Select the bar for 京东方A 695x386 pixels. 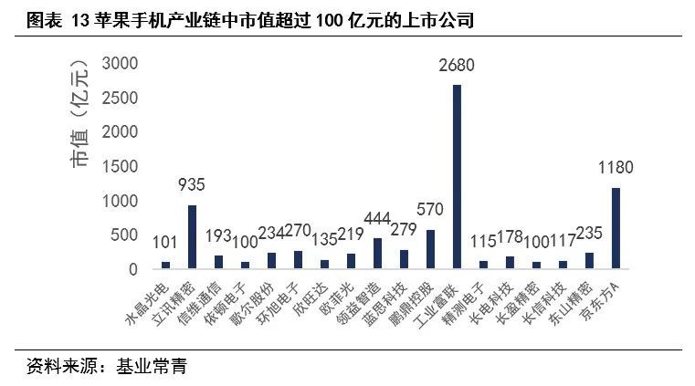[x=616, y=228]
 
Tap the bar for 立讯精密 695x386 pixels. [x=192, y=236]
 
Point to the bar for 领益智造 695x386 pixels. [x=377, y=253]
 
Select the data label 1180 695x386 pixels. [x=616, y=169]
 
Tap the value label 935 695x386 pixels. [x=192, y=186]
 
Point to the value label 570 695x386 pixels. [x=430, y=211]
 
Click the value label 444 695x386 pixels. [x=377, y=219]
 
